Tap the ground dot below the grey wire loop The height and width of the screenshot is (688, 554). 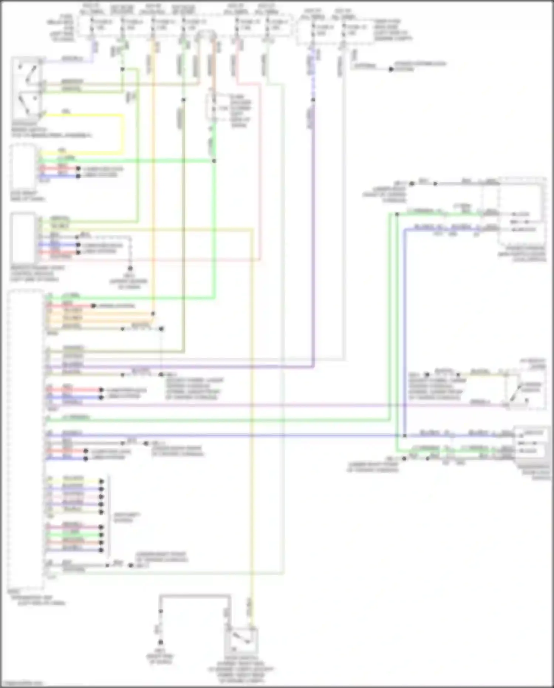coord(160,642)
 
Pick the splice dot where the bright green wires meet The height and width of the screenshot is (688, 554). coord(214,161)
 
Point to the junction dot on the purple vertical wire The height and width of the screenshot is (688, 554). coord(313,99)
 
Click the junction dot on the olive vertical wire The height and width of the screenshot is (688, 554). coord(184,99)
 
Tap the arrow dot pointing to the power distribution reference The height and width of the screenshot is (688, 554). coord(391,69)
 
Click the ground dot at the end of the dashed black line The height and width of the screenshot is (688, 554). coord(130,268)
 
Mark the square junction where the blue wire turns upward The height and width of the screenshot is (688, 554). coord(405,435)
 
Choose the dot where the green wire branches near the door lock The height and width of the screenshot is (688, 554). coord(397,214)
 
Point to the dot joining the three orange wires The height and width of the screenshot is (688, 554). coord(153,314)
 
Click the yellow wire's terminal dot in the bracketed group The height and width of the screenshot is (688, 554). coord(102,481)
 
